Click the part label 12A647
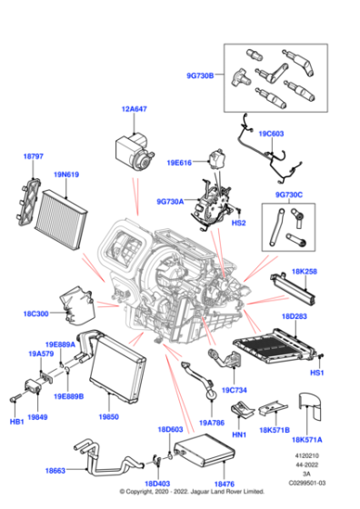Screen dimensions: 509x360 [x=135, y=110]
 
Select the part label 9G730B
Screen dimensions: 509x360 [x=202, y=76]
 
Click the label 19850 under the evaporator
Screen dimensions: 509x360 [x=109, y=417]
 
